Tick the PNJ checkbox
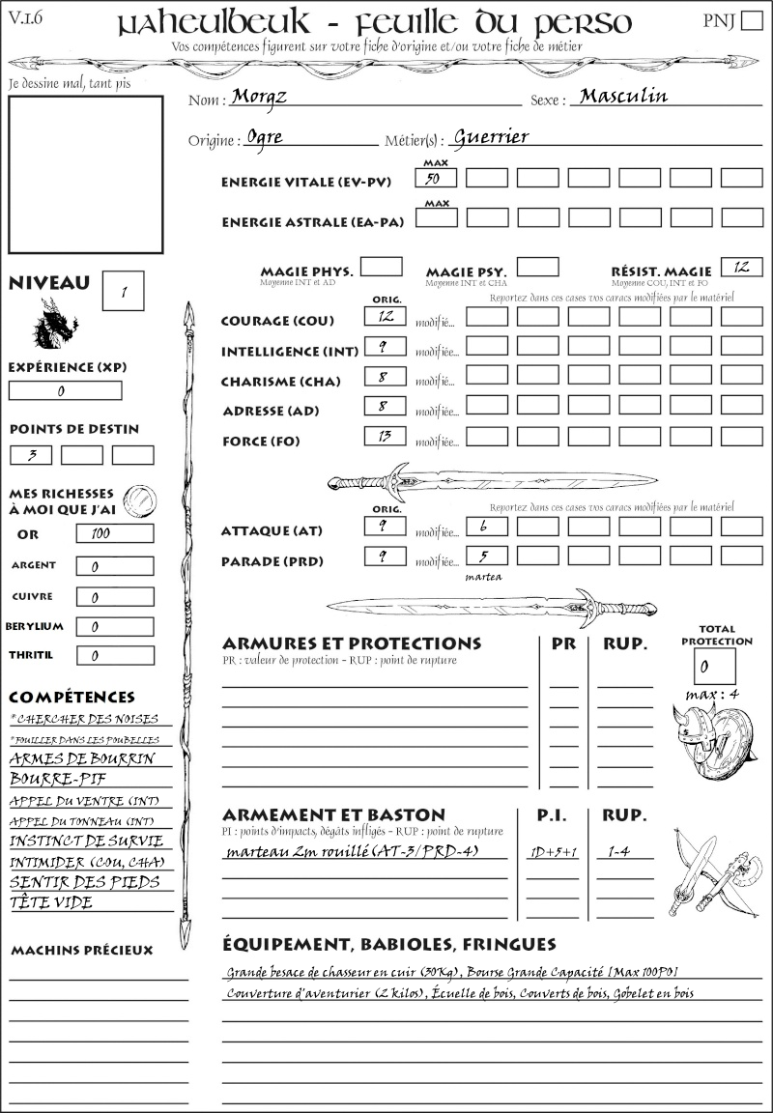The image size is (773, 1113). pyautogui.click(x=750, y=21)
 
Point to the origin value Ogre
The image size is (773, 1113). pyautogui.click(x=265, y=137)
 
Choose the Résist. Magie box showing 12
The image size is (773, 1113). pyautogui.click(x=741, y=267)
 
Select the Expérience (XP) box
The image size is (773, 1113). pyautogui.click(x=66, y=390)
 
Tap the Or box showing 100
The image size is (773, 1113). pyautogui.click(x=114, y=533)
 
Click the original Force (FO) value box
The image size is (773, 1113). pyautogui.click(x=385, y=436)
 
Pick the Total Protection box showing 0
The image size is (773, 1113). pyautogui.click(x=714, y=666)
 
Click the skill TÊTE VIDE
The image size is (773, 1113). pyautogui.click(x=51, y=903)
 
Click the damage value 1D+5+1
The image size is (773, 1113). pyautogui.click(x=554, y=852)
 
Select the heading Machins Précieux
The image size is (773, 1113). pyautogui.click(x=82, y=951)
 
